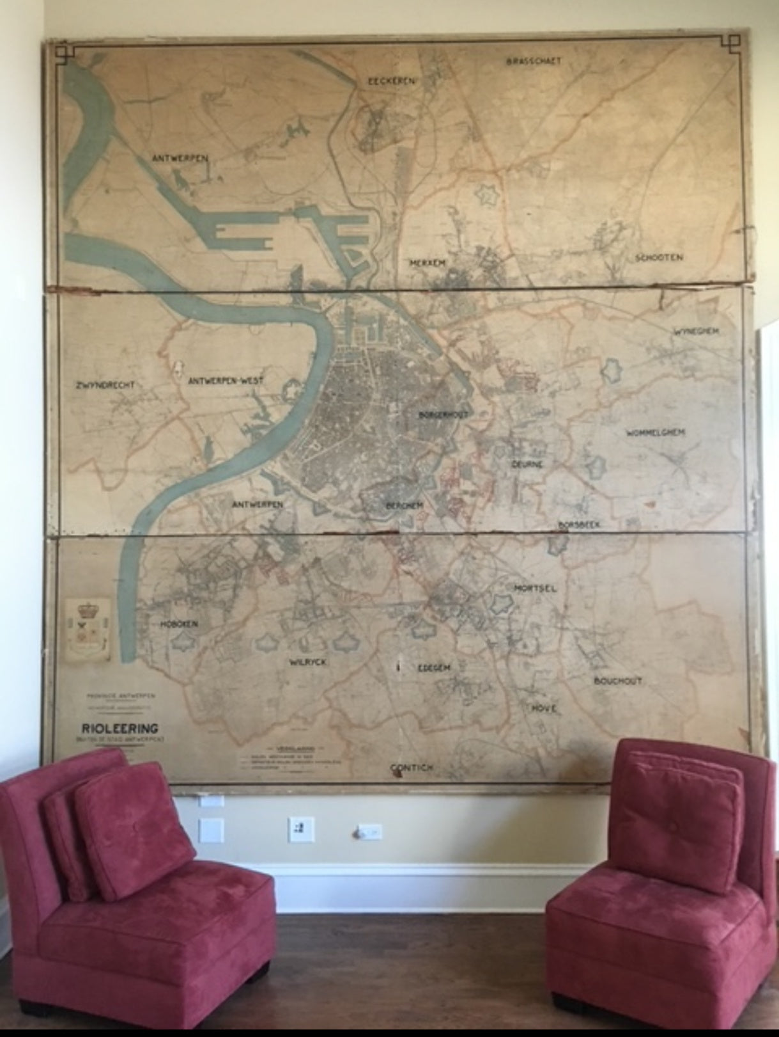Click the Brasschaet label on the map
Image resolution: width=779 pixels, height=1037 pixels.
(x=534, y=61)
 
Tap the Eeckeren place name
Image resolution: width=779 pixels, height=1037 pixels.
(x=392, y=82)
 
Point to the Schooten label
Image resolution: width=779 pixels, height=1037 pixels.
(x=659, y=258)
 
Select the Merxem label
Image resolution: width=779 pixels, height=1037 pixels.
(x=428, y=263)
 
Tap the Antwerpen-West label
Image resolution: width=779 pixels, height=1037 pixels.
(x=226, y=381)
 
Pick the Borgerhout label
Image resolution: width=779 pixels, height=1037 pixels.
(x=443, y=415)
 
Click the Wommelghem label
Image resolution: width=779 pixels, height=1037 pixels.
(x=656, y=433)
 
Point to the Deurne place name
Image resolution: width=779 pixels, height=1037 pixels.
(x=527, y=464)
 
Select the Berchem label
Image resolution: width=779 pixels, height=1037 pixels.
(x=405, y=505)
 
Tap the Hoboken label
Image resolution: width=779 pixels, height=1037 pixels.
(x=179, y=624)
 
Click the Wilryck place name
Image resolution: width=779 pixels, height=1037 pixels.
(x=308, y=662)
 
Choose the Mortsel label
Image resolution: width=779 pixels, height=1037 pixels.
(x=535, y=588)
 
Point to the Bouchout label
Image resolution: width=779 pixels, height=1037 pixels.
(x=618, y=681)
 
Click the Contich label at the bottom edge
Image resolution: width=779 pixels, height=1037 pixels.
(x=412, y=768)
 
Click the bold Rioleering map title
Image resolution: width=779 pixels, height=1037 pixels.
(x=120, y=728)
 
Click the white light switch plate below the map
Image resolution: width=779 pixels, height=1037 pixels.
(x=301, y=829)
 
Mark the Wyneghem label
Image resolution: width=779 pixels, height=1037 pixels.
(x=697, y=331)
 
